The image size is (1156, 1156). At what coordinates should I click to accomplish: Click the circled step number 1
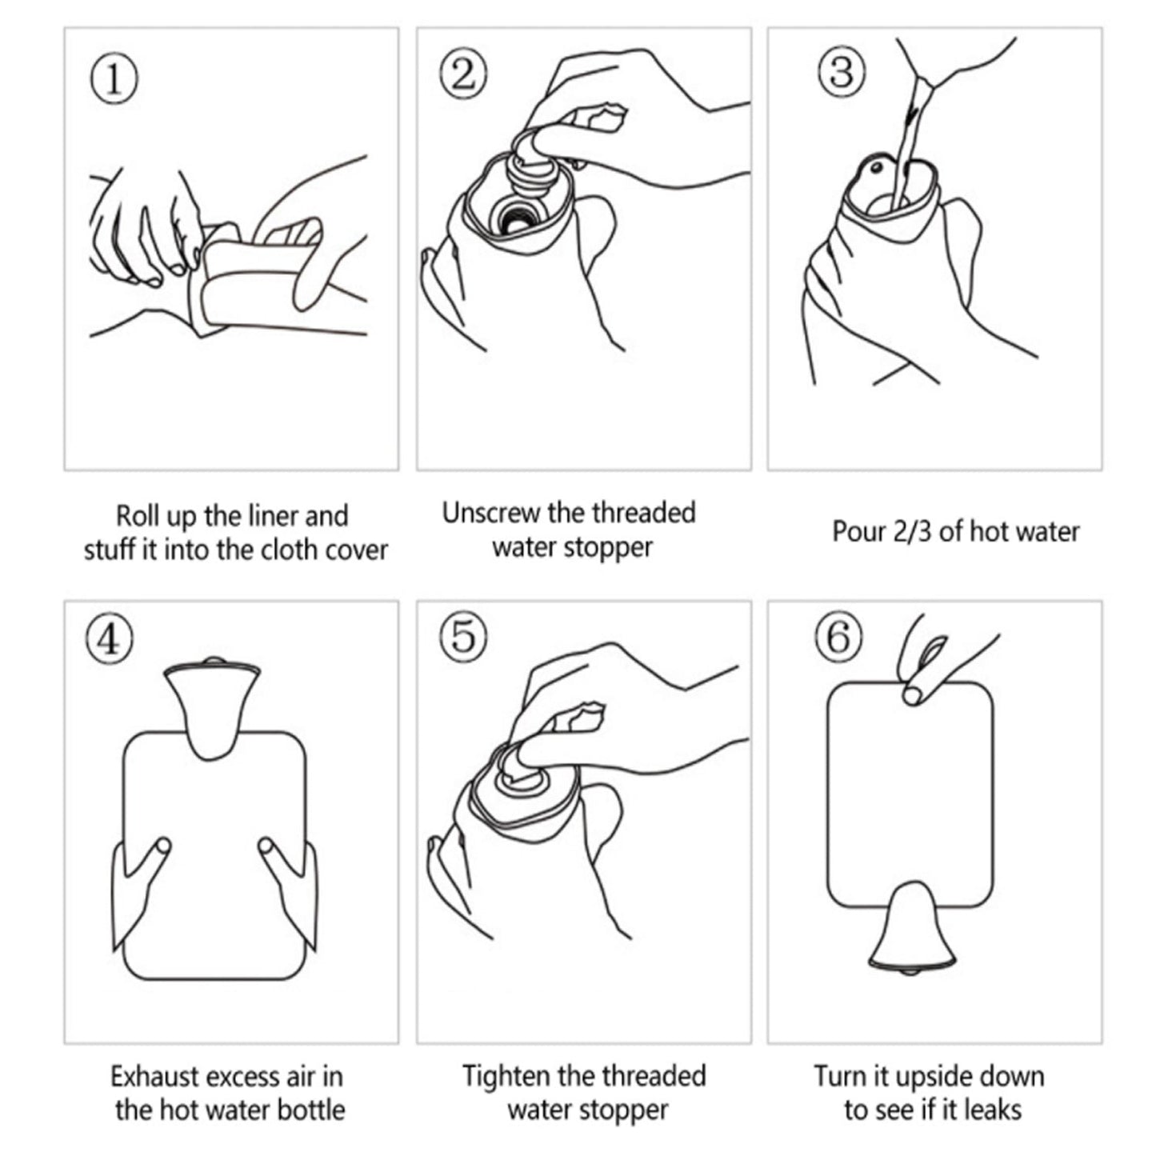tap(113, 80)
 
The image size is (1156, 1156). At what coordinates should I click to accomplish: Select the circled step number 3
tap(840, 70)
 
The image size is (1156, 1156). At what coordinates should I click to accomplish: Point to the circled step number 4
tap(110, 640)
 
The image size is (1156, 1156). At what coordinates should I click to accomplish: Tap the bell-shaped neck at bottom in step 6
tap(911, 928)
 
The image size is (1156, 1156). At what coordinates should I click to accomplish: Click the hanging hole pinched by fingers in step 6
tap(912, 695)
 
